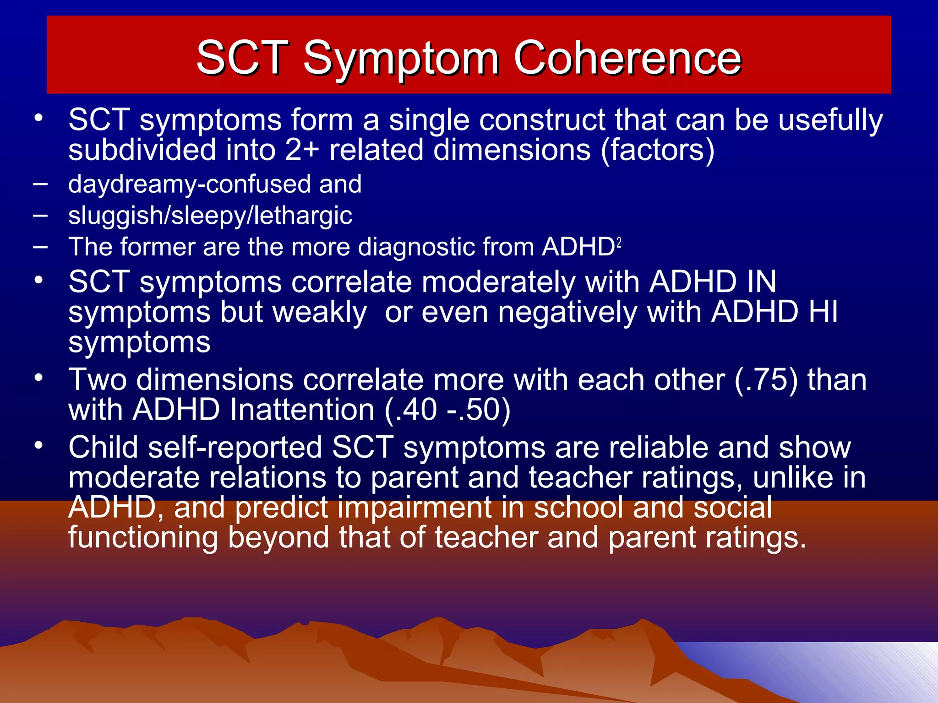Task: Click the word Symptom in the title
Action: pyautogui.click(x=400, y=58)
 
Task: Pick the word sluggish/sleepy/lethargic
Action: pyautogui.click(x=210, y=216)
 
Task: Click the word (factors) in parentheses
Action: pyautogui.click(x=657, y=150)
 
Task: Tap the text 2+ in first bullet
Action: pyautogui.click(x=301, y=150)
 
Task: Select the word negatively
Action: pyautogui.click(x=567, y=313)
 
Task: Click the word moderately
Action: pyautogui.click(x=498, y=282)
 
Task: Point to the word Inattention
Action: pyautogui.click(x=302, y=410)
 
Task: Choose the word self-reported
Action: pyautogui.click(x=235, y=448)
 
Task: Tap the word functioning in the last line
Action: pyautogui.click(x=143, y=538)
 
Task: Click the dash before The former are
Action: pyautogui.click(x=40, y=247)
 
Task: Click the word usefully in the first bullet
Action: pyautogui.click(x=830, y=120)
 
